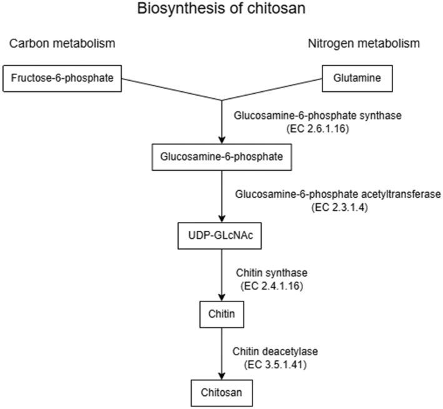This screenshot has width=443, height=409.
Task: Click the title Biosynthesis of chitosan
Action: click(x=221, y=9)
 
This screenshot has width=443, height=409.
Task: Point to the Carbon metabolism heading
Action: click(x=62, y=44)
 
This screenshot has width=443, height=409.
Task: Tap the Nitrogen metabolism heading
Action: click(x=364, y=44)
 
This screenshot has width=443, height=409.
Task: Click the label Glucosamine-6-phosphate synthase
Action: click(x=317, y=116)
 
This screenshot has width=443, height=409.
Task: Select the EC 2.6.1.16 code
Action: click(x=317, y=129)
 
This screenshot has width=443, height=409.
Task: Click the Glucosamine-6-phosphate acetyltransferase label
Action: click(x=338, y=194)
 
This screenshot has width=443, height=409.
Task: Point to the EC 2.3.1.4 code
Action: click(x=340, y=208)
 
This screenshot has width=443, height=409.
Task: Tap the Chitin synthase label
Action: click(x=272, y=273)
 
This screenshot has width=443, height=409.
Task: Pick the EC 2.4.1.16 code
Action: click(x=272, y=286)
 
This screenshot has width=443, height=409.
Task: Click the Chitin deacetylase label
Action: click(x=275, y=351)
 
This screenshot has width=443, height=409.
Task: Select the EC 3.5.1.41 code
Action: click(x=275, y=365)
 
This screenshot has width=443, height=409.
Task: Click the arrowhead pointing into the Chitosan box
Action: click(x=222, y=376)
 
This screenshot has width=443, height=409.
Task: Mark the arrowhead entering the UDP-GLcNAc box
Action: click(x=222, y=219)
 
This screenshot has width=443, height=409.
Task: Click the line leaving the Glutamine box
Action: click(x=272, y=89)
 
